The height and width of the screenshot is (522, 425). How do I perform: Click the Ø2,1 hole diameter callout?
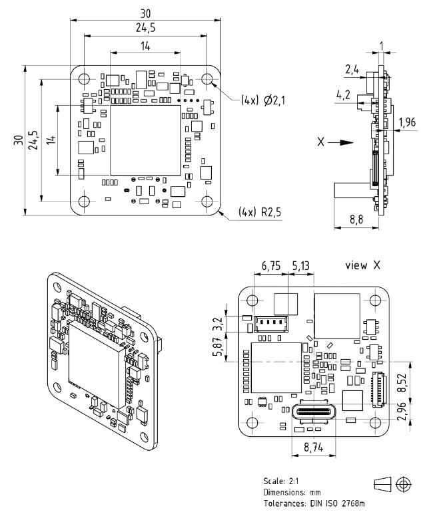click(x=274, y=100)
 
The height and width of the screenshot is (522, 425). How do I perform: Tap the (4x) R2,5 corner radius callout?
click(x=260, y=211)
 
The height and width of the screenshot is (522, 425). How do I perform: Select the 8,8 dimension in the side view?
click(x=356, y=219)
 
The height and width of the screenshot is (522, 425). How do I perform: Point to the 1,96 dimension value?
click(x=407, y=122)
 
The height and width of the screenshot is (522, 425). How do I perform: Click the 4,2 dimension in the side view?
click(x=343, y=95)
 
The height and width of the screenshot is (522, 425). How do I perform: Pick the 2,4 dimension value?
click(x=352, y=69)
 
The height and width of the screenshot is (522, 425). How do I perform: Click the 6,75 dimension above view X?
click(x=271, y=266)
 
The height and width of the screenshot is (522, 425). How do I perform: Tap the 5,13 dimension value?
click(x=301, y=266)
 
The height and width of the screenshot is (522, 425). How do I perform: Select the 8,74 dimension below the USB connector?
click(x=314, y=447)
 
